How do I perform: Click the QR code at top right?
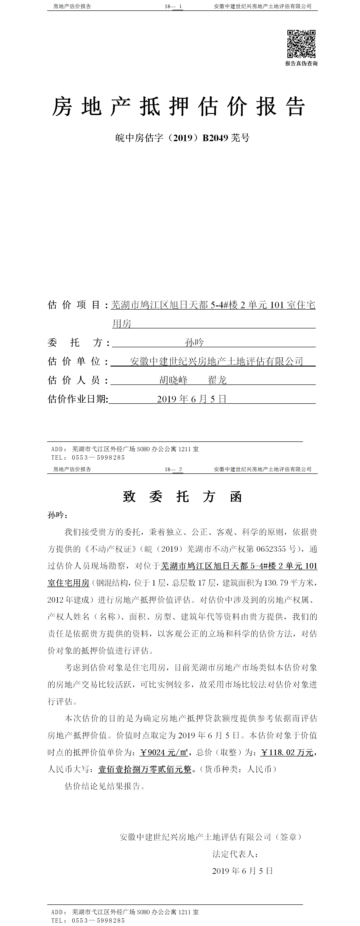click(301, 44)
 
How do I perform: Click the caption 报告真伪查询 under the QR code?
click(301, 64)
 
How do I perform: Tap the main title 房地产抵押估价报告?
click(179, 107)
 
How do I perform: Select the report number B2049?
click(215, 138)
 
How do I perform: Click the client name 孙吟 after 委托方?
click(194, 342)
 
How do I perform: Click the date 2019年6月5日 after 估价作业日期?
click(191, 399)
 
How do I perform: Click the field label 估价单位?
click(74, 361)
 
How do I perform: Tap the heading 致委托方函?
click(182, 497)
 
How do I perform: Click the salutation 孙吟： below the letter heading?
click(57, 515)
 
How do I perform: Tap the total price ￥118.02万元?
click(287, 752)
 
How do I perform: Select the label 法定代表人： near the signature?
click(235, 854)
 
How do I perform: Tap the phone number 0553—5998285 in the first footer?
click(98, 458)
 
